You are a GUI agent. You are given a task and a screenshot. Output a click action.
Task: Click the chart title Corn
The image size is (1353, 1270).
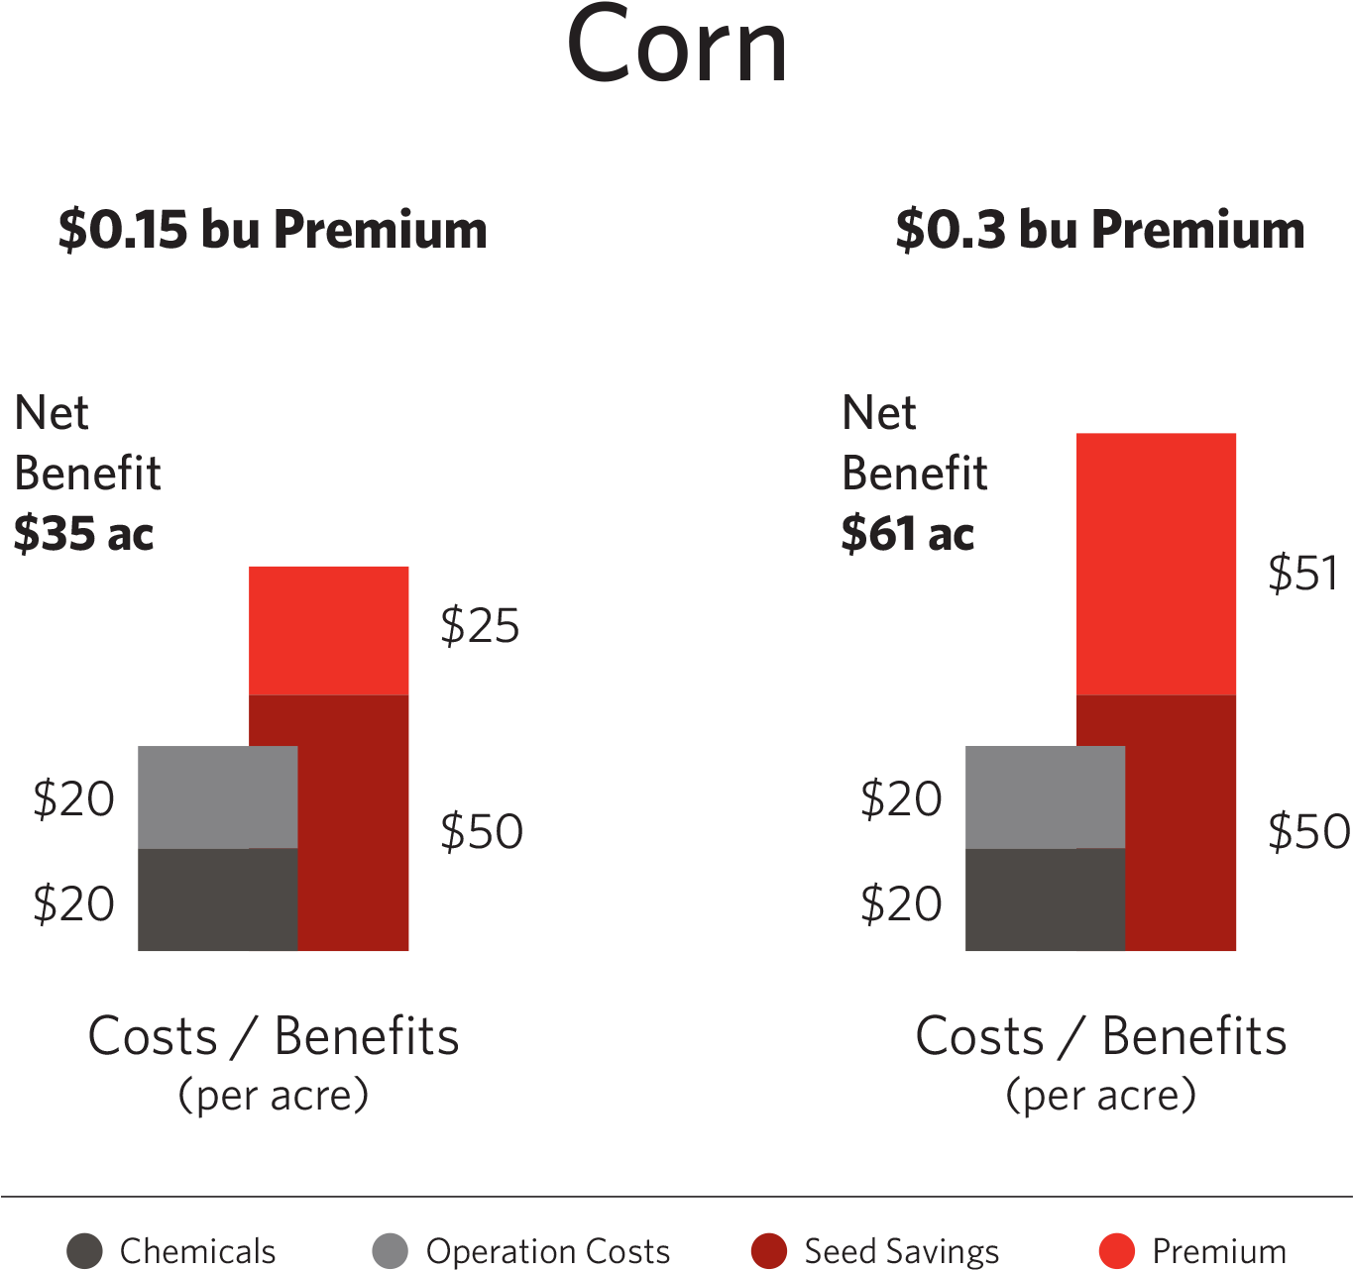677,46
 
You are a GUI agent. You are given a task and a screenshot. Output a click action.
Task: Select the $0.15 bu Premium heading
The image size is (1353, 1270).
273,230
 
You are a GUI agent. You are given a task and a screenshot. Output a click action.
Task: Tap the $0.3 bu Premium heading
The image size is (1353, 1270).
1099,230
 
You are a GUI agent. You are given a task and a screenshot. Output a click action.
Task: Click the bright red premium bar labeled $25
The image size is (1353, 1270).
329,630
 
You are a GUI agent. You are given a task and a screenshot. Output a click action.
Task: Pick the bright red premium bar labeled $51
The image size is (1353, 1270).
1156,564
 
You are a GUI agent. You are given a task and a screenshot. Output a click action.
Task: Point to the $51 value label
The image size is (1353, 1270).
1303,574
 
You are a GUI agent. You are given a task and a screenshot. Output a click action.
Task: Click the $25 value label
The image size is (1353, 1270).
480,626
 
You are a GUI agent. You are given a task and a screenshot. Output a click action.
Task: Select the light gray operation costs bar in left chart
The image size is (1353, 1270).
218,796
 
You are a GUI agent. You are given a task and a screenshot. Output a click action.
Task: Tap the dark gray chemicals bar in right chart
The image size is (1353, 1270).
1045,900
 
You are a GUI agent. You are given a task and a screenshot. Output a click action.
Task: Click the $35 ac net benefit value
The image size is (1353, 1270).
84,534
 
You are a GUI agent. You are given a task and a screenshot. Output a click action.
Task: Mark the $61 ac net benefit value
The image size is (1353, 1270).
908,534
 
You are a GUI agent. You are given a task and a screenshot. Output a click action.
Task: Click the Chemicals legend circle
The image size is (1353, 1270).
84,1251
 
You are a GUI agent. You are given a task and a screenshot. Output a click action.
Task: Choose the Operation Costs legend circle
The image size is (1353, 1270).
390,1251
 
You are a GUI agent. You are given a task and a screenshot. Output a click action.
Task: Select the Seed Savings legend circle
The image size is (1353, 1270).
769,1251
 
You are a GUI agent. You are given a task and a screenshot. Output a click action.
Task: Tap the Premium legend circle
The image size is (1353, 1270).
1117,1251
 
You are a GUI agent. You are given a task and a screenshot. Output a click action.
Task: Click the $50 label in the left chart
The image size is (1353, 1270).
482,831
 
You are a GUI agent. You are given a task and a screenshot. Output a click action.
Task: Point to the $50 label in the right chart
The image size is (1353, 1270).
1308,831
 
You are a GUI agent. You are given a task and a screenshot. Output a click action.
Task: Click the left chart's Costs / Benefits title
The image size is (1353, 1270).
274,1037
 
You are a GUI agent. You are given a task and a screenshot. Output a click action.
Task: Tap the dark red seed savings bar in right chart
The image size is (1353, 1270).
1182,822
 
